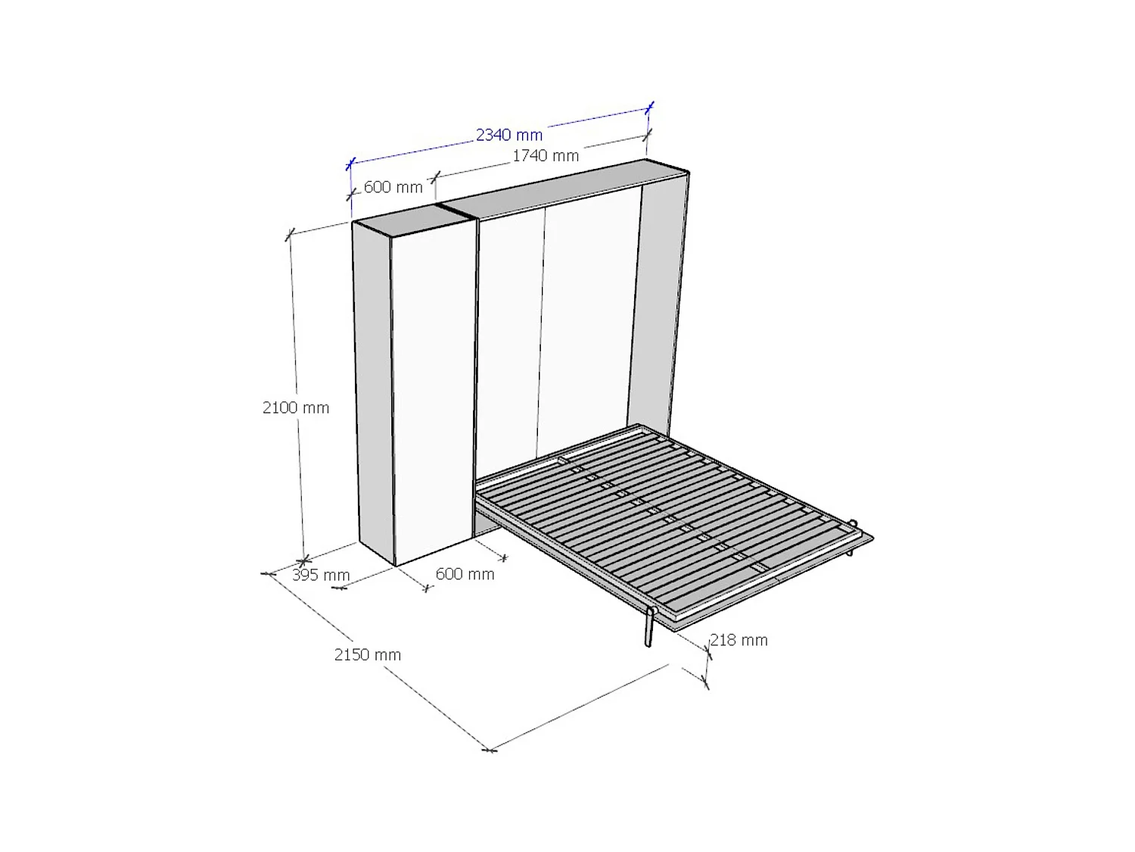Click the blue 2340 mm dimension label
click(509, 135)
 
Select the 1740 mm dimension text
click(546, 156)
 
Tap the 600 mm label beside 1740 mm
click(393, 187)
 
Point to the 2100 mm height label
click(296, 407)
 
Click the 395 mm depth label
click(321, 576)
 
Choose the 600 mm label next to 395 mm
click(465, 574)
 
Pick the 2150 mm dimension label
click(368, 655)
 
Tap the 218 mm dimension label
click(739, 640)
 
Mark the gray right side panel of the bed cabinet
click(657, 303)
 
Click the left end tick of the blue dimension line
click(350, 164)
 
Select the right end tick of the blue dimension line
click(649, 108)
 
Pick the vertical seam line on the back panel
click(542, 333)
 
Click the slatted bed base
click(666, 515)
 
